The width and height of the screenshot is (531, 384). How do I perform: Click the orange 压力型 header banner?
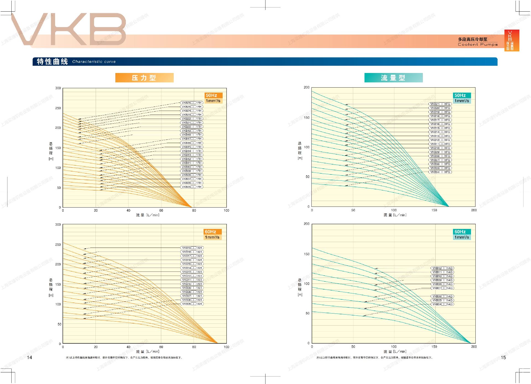[x=144, y=78]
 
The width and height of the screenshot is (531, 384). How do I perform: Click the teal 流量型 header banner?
[x=393, y=78]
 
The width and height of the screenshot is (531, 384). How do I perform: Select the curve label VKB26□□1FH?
[x=192, y=103]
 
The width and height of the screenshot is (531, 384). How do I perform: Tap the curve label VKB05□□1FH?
[x=192, y=187]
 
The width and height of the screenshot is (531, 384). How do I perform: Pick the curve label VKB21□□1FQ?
[x=440, y=104]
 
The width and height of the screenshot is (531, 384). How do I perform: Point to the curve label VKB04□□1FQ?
[x=440, y=172]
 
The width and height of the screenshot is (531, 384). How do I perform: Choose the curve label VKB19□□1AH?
[x=192, y=248]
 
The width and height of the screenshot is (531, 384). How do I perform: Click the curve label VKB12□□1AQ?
[x=442, y=268]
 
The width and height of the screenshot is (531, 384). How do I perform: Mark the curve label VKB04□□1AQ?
[x=442, y=304]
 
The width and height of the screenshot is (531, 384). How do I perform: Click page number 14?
[x=29, y=357]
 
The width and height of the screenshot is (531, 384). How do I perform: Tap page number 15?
[x=503, y=357]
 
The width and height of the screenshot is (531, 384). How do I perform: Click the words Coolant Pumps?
[x=478, y=45]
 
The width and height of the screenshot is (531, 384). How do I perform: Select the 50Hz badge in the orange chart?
[x=211, y=95]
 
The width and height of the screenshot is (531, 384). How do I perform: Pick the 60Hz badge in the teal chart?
[x=460, y=232]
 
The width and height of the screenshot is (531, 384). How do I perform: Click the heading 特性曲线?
[x=52, y=61]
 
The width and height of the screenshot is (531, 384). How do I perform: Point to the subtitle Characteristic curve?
[x=94, y=62]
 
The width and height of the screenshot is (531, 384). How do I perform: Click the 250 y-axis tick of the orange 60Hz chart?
[x=58, y=244]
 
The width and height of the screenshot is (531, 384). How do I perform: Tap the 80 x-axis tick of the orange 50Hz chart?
[x=194, y=210]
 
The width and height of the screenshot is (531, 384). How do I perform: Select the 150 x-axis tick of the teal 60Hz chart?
[x=434, y=346]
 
